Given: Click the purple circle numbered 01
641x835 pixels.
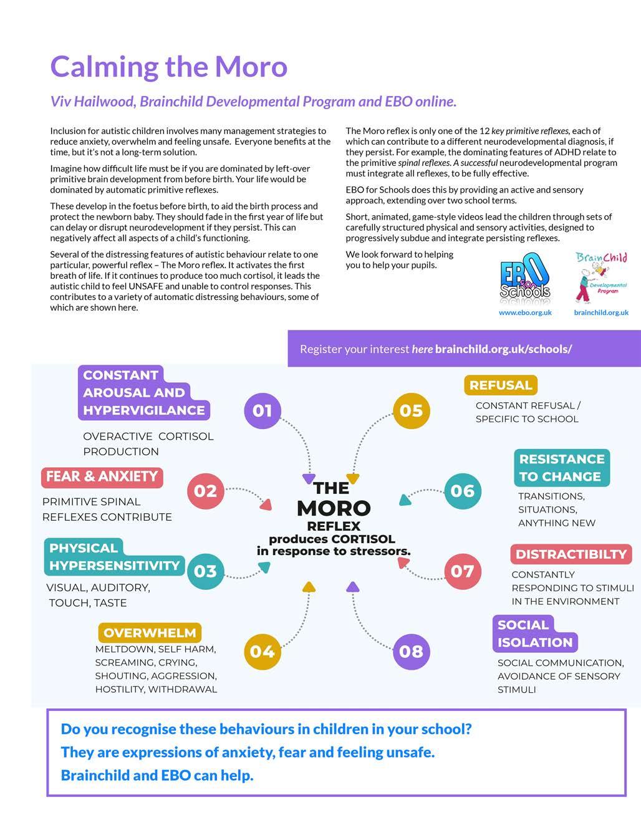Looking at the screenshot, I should pos(263,410).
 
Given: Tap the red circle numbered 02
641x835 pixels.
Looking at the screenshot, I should pos(205,491).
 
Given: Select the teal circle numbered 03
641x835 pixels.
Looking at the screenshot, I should pos(205,571).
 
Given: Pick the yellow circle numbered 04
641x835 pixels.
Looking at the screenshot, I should pos(263,651).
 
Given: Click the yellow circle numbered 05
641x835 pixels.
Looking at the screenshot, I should pos(412,410).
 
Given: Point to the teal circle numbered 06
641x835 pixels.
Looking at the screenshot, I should pos(463,491).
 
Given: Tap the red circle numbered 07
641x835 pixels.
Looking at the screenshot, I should pos(463,571).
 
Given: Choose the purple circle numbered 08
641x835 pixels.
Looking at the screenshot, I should pos(412,651).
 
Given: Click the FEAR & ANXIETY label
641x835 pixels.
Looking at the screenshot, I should pos(102,476).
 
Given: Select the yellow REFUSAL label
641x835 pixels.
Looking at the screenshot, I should pos(501,385).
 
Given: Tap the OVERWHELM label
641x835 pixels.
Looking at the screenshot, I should pos(150,632).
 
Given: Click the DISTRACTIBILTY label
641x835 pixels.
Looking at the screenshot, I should pos(571,554).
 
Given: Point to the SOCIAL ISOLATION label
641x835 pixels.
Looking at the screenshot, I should pos(534,634).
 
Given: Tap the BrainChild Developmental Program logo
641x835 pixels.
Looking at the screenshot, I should pos(600,276).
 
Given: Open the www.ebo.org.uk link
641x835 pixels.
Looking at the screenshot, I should pos(525,312).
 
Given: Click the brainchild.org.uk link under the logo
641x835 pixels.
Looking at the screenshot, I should pos(601,312).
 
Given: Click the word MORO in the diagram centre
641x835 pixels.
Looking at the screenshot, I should pos(334,508).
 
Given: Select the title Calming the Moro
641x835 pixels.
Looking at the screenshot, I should pos(168,67).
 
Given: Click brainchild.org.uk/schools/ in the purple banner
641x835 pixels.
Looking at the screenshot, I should pos(503,349).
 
